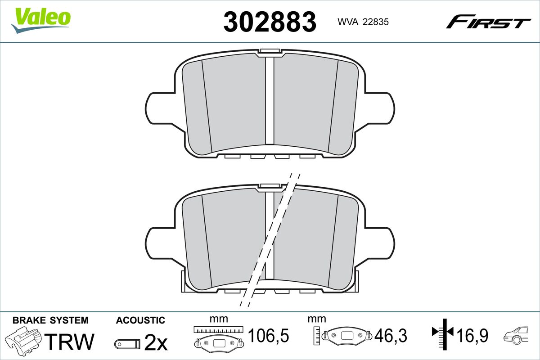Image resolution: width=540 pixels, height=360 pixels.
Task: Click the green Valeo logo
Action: (x=41, y=20)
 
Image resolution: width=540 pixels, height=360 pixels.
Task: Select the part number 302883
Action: (x=270, y=22)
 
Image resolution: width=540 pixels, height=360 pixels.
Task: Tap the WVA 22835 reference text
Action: (x=363, y=22)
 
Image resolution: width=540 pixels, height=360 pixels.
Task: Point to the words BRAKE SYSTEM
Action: (x=50, y=320)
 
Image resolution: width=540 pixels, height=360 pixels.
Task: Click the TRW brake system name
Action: (x=69, y=342)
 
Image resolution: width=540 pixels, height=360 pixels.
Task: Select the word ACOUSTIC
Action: (x=140, y=320)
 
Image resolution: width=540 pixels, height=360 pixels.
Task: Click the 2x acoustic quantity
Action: (x=156, y=342)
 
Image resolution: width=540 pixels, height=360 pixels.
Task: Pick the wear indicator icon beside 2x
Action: (x=127, y=344)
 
